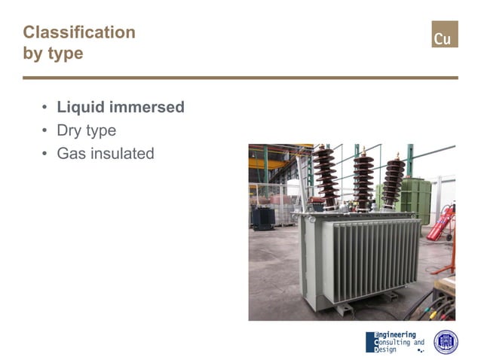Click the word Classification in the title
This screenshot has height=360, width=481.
[x=79, y=32]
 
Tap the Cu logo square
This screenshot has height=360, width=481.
[x=444, y=35]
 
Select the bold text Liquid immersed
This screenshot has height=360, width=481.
[x=121, y=107]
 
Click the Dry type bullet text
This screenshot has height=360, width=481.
[x=87, y=130]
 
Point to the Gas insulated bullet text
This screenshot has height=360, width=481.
[x=106, y=154]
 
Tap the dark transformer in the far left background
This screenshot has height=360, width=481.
[x=263, y=218]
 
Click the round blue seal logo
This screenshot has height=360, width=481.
[x=446, y=342]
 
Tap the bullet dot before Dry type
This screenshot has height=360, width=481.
[x=45, y=131]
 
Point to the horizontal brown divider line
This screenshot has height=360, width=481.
[x=240, y=78]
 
